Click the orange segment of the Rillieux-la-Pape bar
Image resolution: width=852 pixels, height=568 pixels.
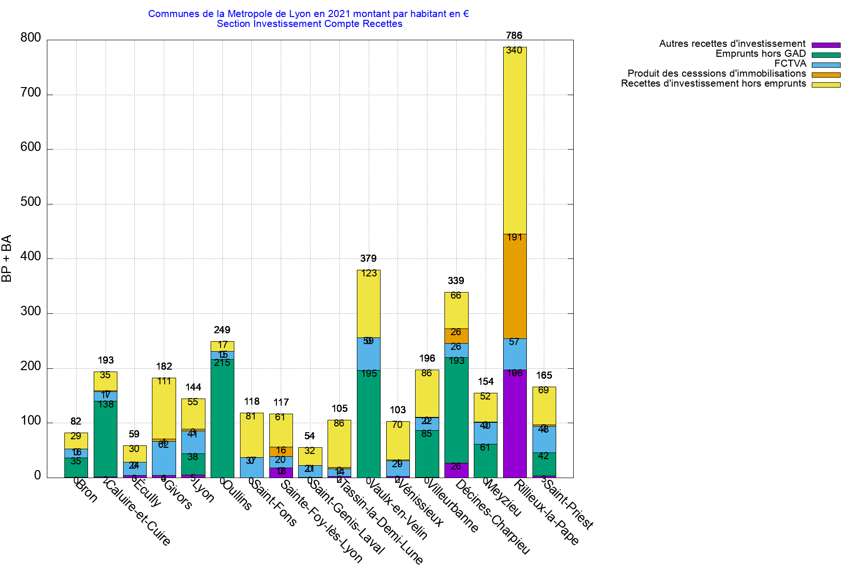click(x=515, y=286)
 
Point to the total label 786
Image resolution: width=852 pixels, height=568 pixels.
click(x=514, y=35)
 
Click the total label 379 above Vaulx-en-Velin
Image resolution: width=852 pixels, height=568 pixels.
click(x=368, y=258)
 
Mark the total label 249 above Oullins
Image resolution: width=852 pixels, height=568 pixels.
click(x=222, y=330)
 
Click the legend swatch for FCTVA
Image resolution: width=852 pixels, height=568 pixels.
click(x=826, y=65)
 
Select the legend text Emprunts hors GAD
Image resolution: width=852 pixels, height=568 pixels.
click(x=760, y=54)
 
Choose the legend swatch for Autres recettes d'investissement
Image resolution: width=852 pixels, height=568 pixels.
click(x=826, y=45)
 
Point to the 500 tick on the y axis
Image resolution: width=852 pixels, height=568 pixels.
click(x=31, y=202)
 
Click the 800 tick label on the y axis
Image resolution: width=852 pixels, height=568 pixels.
click(x=31, y=38)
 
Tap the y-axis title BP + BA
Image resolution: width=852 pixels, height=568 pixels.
click(x=7, y=258)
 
